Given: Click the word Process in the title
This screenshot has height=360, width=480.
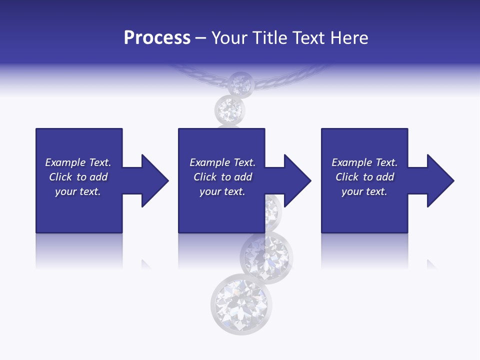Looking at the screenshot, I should pos(157,38).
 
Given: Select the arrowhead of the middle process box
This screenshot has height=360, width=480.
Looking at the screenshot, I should pos(296,180).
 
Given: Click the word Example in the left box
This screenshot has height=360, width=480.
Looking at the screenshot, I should pos(65,162).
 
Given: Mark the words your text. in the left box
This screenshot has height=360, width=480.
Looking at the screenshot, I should pos(78,191).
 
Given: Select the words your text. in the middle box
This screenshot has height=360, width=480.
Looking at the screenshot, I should pos(222,191).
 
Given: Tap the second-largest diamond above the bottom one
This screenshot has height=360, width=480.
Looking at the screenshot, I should pos(266,257).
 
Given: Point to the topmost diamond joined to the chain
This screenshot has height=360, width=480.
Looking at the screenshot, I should pos(240,83).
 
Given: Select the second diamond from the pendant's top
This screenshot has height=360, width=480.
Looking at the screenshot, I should pos(230,108).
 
